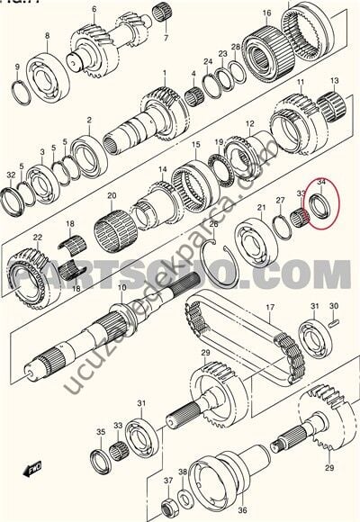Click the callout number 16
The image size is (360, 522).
[267, 13]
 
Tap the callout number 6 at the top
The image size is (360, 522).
[94, 11]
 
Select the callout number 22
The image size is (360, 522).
[37, 238]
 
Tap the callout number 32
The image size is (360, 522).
[11, 175]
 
